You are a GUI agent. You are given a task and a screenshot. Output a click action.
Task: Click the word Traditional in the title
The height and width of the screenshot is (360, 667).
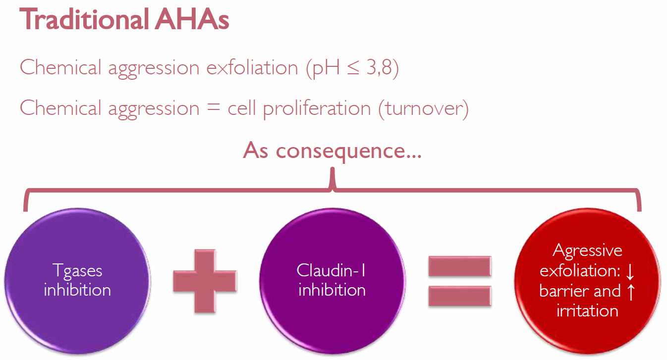tap(84, 19)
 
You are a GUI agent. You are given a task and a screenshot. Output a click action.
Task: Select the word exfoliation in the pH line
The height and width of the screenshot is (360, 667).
tap(252, 67)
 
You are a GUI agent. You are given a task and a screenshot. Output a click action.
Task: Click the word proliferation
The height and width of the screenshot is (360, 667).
tap(317, 108)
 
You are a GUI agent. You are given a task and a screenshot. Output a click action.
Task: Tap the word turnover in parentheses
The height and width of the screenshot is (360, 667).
tap(423, 108)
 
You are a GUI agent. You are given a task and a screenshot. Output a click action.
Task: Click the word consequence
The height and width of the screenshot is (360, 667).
tap(348, 152)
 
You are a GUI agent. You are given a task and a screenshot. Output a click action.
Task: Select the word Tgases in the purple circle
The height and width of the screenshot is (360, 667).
tap(77, 271)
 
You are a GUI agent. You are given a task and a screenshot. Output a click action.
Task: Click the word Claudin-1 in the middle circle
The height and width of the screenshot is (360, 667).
tap(331, 270)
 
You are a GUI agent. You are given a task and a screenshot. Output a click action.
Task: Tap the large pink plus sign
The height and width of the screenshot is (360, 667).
tap(205, 281)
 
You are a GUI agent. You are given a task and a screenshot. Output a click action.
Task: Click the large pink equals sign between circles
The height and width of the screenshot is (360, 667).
tap(460, 281)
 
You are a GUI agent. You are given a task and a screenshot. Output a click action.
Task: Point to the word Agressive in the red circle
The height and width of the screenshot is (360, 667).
tap(588, 251)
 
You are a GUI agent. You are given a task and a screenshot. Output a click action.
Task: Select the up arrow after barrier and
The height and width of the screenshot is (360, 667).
tap(631, 292)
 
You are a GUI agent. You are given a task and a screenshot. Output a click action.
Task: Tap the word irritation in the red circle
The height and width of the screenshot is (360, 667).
tap(587, 311)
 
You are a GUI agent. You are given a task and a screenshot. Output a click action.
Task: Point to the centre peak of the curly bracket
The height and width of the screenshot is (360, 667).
tap(333, 169)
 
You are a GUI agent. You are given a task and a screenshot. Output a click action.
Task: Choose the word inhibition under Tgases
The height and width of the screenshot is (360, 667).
tap(77, 290)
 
